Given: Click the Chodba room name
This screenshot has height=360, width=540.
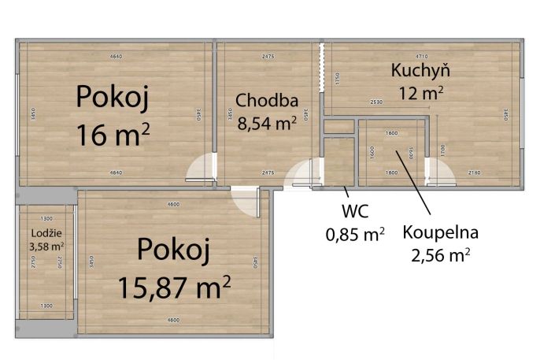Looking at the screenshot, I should (x=267, y=100).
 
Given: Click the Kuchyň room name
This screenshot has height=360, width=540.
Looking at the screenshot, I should (x=420, y=71).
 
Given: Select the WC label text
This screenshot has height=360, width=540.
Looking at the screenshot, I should (x=355, y=212).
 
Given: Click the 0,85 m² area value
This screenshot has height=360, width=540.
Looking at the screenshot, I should (x=355, y=232).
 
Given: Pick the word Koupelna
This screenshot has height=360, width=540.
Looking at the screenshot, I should (x=440, y=232).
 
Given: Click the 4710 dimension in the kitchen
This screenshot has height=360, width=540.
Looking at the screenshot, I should (x=421, y=56).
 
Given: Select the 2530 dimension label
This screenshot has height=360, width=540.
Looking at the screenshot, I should (x=376, y=102).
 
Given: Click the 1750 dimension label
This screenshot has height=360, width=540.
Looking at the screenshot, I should (x=336, y=78).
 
